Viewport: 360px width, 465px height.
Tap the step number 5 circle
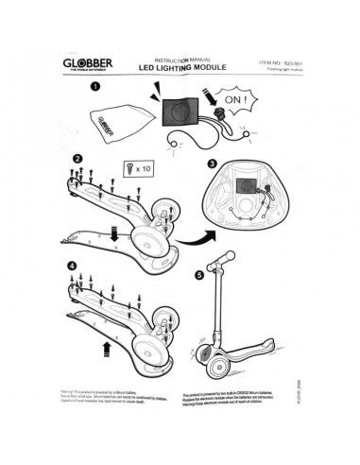[197, 278]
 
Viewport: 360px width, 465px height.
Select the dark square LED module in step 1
[178, 110]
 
